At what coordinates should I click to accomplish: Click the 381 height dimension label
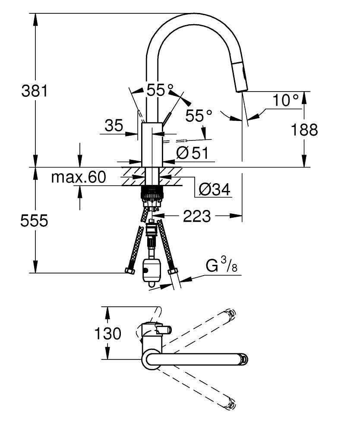coord(34,91)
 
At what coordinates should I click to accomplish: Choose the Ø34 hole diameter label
coord(215,189)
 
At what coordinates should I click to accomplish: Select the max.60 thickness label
coord(78,177)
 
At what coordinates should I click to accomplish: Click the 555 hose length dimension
coord(34,221)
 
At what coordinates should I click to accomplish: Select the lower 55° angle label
coord(199,115)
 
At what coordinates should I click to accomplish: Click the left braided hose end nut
coord(129,271)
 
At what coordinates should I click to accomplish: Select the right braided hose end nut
coord(173,272)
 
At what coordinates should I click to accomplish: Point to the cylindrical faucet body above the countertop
coord(152,144)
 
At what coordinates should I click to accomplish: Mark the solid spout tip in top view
coord(244,359)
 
